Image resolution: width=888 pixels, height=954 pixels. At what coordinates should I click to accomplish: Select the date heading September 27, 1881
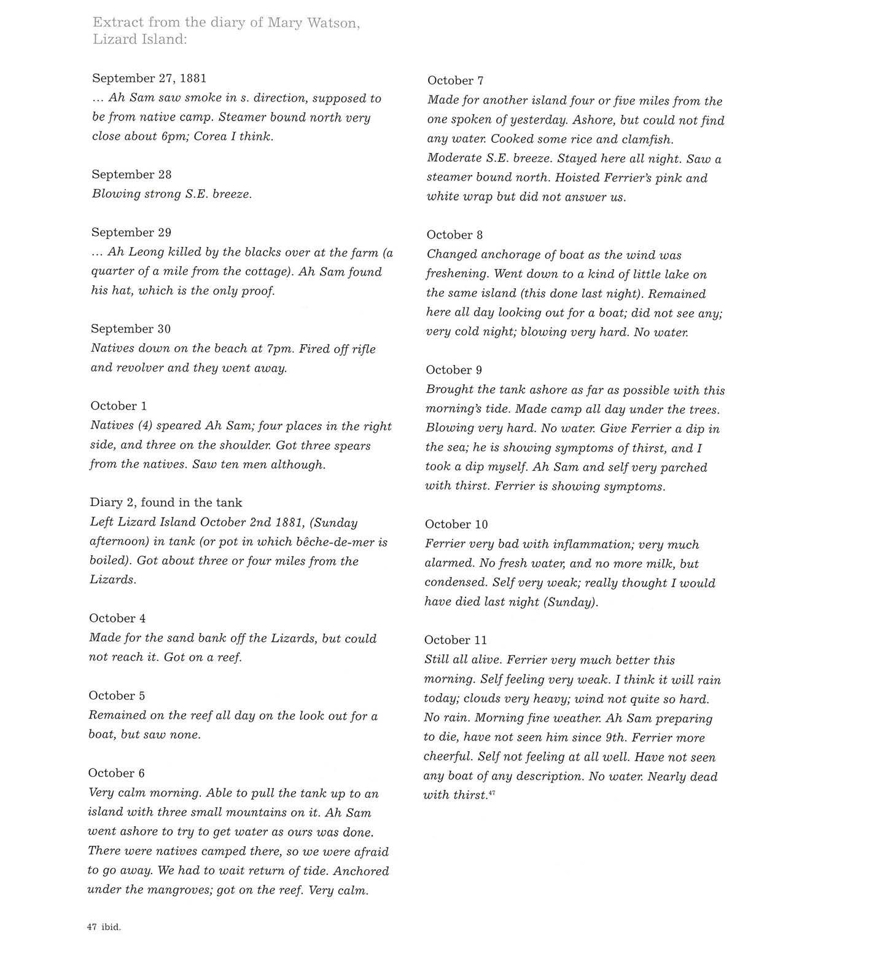(x=149, y=78)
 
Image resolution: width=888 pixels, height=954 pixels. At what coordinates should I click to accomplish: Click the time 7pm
(x=280, y=349)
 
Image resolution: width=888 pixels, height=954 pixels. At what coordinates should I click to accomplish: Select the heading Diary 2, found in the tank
(x=166, y=502)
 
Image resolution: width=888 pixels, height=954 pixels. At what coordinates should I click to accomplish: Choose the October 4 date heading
(x=117, y=618)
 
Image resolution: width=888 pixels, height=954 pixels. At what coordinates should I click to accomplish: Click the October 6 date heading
(x=117, y=773)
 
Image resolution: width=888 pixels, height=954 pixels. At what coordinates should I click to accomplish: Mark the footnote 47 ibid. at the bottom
(x=104, y=927)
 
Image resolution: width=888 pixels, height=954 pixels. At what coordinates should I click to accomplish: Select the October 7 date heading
(x=455, y=81)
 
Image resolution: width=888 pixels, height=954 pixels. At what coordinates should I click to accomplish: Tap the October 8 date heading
(x=454, y=235)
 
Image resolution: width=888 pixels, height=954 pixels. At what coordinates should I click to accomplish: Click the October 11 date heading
(x=455, y=640)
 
